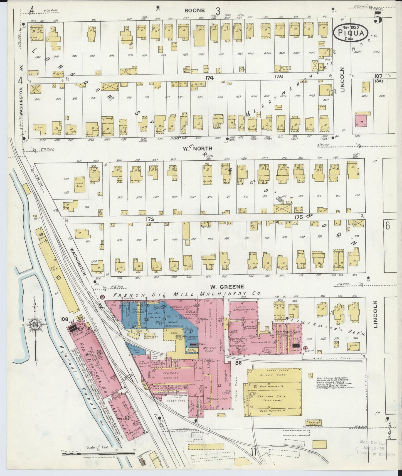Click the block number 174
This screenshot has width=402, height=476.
click(x=209, y=78)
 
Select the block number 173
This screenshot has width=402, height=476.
click(x=150, y=219)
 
